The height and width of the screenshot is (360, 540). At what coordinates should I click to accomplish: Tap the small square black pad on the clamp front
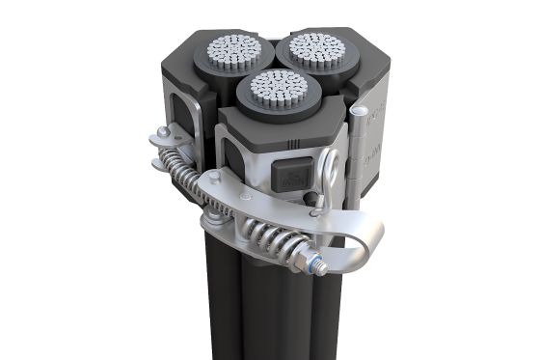click(291, 175)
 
